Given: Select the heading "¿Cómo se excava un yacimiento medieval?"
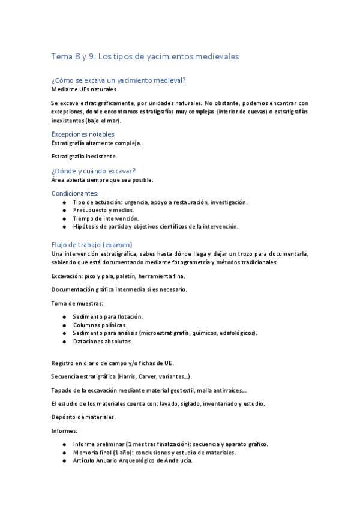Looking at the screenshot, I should click(119, 80).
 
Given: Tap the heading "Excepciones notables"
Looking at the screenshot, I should click(83, 134).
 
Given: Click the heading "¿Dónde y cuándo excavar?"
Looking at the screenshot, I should click(94, 170).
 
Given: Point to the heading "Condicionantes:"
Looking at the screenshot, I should click(74, 194).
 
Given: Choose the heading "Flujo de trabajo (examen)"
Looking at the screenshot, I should click(92, 245).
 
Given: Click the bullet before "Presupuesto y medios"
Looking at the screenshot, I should click(64, 211).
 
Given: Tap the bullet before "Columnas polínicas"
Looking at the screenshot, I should click(64, 325).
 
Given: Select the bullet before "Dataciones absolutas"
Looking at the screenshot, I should click(64, 341).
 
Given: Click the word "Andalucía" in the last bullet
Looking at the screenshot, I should click(176, 460).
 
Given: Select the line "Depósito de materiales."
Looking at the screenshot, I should click(84, 416).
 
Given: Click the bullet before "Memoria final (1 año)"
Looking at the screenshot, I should click(64, 453).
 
